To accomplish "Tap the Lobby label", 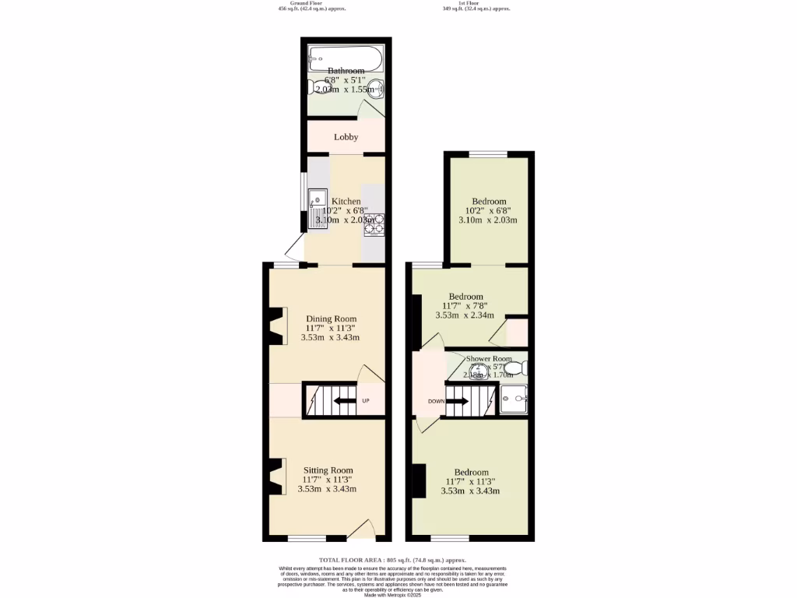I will tap(346, 137).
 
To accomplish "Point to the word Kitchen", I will tap(346, 201).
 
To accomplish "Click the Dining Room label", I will tap(331, 318).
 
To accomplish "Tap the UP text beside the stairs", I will tap(365, 402).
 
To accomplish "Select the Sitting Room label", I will tap(328, 470).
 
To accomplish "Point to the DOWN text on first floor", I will tap(435, 402).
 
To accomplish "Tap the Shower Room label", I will tap(490, 359).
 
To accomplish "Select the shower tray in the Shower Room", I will tap(514, 398).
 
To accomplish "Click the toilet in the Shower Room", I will tap(514, 367).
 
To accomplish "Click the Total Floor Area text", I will tap(392, 560).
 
